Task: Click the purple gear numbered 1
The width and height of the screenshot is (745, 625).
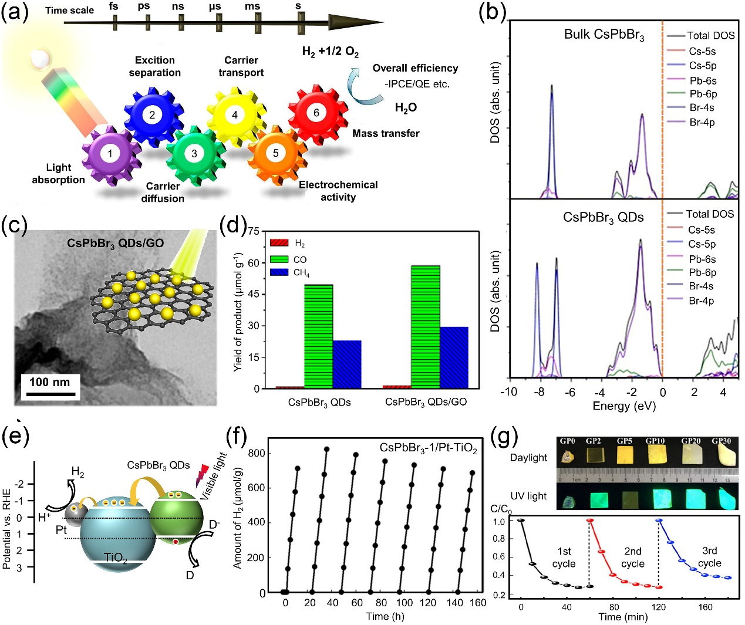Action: (x=110, y=154)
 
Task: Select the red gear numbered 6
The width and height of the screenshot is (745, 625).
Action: (x=316, y=113)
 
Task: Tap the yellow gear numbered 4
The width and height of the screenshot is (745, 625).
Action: (x=235, y=114)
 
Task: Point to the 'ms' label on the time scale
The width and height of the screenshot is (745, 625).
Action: (x=252, y=6)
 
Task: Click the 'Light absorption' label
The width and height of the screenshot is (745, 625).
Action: (x=58, y=174)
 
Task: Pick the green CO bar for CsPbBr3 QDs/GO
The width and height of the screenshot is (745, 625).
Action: (x=426, y=327)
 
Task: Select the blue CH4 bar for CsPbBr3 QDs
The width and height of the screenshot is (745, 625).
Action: (x=347, y=364)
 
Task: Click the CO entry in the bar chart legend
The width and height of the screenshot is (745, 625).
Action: (x=300, y=259)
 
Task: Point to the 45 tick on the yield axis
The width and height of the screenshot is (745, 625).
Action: (x=253, y=294)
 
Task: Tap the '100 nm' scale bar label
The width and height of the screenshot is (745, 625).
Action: (x=50, y=382)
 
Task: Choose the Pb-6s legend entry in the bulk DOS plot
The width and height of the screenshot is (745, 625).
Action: (x=703, y=80)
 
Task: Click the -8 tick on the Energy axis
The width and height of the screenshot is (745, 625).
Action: (x=539, y=392)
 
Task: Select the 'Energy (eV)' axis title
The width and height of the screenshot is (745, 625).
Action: (x=624, y=406)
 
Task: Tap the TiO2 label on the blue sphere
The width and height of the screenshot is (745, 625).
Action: (x=116, y=558)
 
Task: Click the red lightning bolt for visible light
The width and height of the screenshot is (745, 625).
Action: (x=203, y=472)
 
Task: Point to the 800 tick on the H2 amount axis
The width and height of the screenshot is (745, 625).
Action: (x=257, y=453)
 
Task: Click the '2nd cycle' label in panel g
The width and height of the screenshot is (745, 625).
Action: (x=632, y=558)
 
